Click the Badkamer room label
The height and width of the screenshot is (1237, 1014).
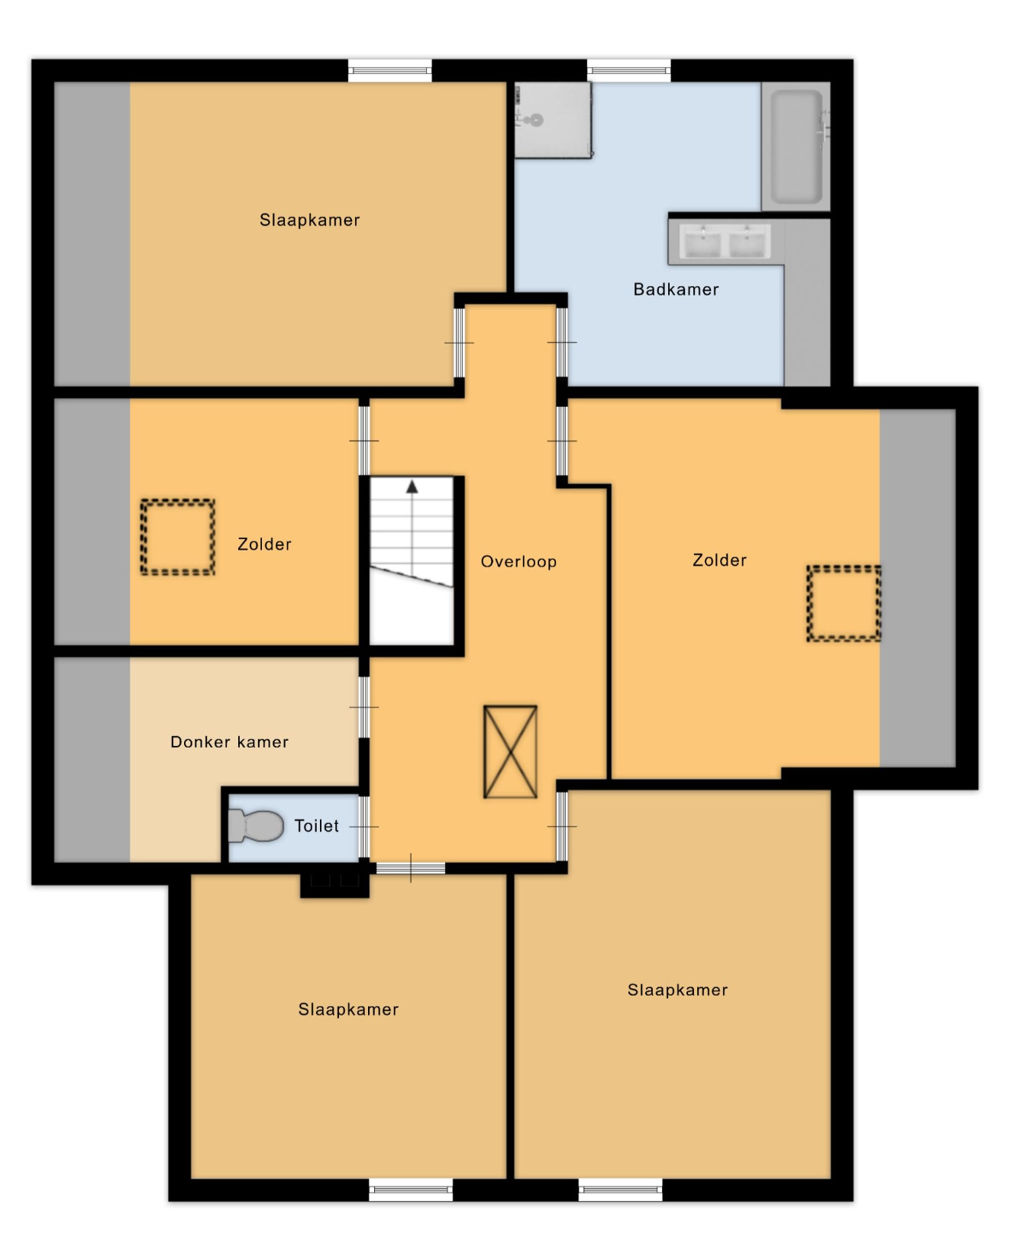coord(676,289)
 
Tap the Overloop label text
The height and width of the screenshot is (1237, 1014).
coord(518,562)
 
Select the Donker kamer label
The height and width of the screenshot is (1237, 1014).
coord(229,742)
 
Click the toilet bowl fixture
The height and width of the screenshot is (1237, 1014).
coord(257,826)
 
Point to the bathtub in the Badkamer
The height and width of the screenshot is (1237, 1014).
coord(796,147)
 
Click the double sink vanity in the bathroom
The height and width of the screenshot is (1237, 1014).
coord(725,242)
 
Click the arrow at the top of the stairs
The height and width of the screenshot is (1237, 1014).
coord(412,486)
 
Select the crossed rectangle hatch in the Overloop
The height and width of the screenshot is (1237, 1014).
coord(510,752)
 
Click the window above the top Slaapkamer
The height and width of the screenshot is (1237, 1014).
coord(390,71)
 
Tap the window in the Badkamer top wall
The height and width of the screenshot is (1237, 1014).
coord(629,71)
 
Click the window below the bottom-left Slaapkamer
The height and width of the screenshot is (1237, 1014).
coord(411,1189)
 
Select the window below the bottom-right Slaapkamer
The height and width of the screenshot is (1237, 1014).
coord(620,1189)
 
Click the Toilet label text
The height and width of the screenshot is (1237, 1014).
coord(317,826)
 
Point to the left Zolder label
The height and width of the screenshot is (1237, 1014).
coord(264,544)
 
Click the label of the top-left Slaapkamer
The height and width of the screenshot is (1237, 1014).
coord(309,220)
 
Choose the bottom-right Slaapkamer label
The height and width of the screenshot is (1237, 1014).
coord(677,990)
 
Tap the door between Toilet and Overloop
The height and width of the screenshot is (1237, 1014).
coord(364,827)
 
